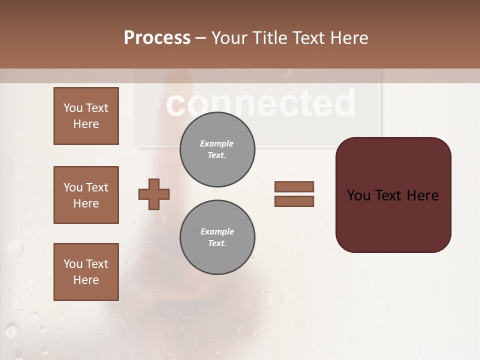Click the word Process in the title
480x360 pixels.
[x=157, y=38]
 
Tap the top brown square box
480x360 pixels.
[x=86, y=116]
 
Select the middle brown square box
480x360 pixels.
[x=86, y=195]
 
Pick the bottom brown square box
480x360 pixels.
[x=86, y=272]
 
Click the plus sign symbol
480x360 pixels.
[x=154, y=194]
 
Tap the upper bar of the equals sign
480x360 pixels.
[x=294, y=186]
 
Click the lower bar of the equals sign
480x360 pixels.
[x=294, y=201]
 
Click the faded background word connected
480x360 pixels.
[x=260, y=103]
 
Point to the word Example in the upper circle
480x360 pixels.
[x=217, y=143]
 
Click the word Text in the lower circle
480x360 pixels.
[x=216, y=243]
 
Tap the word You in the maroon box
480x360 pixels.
[x=358, y=195]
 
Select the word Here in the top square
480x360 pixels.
[x=86, y=124]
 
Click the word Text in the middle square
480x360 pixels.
[x=97, y=187]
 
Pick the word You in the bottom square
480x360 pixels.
[x=73, y=264]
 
